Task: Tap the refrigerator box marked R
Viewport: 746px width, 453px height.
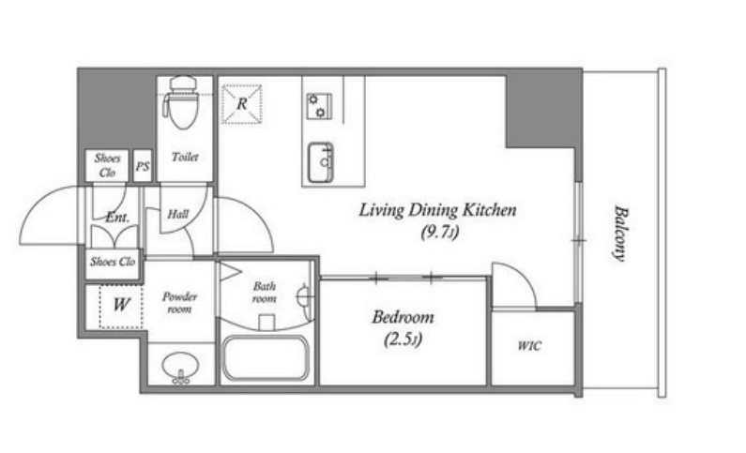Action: [242, 104]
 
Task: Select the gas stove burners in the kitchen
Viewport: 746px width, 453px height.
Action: [319, 106]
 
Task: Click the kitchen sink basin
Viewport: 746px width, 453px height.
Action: [321, 162]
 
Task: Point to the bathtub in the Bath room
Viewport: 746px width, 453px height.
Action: [266, 358]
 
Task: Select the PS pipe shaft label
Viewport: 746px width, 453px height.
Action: [143, 166]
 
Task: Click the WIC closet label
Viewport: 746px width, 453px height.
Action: [529, 345]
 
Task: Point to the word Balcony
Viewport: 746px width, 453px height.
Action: [618, 233]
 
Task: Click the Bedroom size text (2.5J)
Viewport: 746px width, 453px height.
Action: [403, 340]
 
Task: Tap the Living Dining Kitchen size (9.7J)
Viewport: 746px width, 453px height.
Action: [439, 233]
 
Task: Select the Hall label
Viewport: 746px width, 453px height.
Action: [178, 215]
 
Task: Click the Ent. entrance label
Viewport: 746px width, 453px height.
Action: [117, 218]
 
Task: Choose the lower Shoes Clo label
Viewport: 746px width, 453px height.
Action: [113, 262]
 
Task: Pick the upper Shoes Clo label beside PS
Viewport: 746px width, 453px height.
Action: [108, 165]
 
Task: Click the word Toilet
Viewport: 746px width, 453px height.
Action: [185, 157]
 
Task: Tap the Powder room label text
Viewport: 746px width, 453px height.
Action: [179, 303]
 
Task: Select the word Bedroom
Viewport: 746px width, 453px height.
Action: [403, 317]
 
